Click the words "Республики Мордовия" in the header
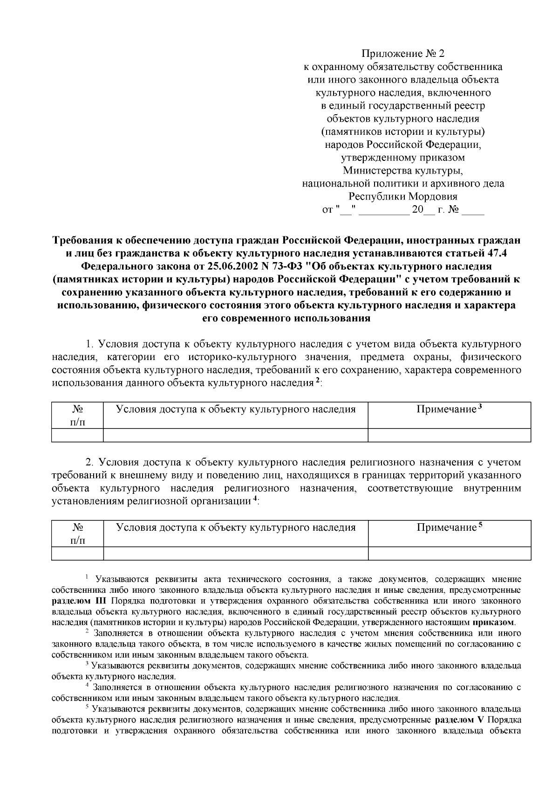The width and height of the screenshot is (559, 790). coord(403,196)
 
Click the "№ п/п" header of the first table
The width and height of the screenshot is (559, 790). coord(77,415)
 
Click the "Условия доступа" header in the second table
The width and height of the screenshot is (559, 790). coord(235,527)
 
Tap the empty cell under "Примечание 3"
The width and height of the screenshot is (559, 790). coord(449,435)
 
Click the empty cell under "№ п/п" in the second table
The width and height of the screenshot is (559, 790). coord(77,553)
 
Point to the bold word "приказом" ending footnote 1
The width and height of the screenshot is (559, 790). coord(493,622)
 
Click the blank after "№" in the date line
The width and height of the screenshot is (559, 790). coord(473,210)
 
